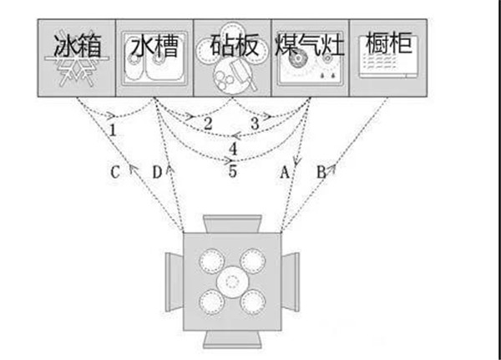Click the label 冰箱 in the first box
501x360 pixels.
78,45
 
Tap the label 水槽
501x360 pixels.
154,45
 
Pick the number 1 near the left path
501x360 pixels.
112,129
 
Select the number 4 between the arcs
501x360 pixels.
234,149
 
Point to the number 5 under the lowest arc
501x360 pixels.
233,172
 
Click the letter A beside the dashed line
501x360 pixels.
284,173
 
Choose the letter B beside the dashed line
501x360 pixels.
320,173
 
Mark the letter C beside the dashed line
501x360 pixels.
116,173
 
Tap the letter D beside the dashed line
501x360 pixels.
156,173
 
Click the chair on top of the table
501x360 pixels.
232,223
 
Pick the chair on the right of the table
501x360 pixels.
291,282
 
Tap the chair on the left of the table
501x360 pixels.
172,282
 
